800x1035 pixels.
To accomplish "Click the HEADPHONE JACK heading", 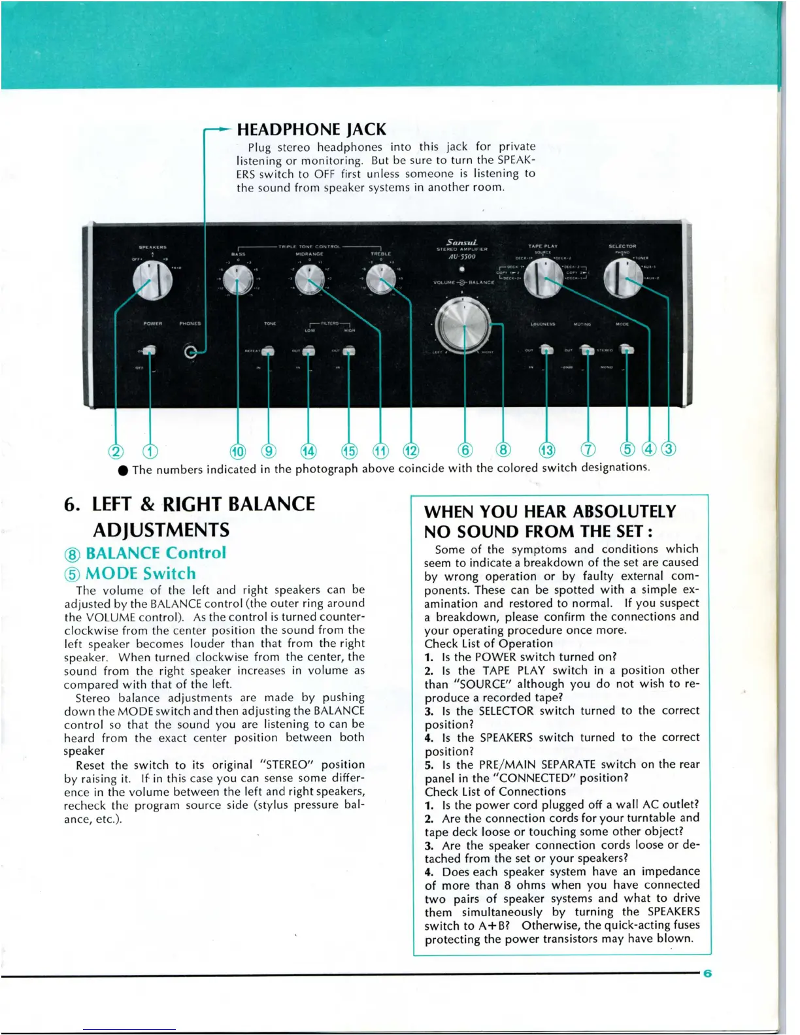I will tap(311, 129).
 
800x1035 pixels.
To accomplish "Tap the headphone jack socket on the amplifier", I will tap(190, 352).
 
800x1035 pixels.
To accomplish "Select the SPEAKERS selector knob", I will tap(152, 281).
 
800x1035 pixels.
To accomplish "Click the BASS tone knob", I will tap(238, 282).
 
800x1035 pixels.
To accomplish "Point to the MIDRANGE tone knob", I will tap(309, 282).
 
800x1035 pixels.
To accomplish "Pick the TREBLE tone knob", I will tap(380, 282).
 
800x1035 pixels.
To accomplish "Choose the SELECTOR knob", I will tap(622, 278).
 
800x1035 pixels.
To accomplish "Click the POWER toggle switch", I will tap(150, 351).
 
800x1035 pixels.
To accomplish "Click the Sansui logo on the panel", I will tap(461, 242).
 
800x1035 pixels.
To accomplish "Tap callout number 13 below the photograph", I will tap(546, 450).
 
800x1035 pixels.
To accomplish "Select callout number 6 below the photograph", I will tap(465, 450).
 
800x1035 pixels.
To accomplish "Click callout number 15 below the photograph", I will tap(350, 451).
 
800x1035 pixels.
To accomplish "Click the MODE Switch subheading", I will tap(141, 574).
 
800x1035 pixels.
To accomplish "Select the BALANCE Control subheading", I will tap(156, 553).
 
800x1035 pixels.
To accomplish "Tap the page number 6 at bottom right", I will tap(707, 974).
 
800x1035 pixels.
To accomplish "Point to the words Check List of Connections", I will tap(495, 791).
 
